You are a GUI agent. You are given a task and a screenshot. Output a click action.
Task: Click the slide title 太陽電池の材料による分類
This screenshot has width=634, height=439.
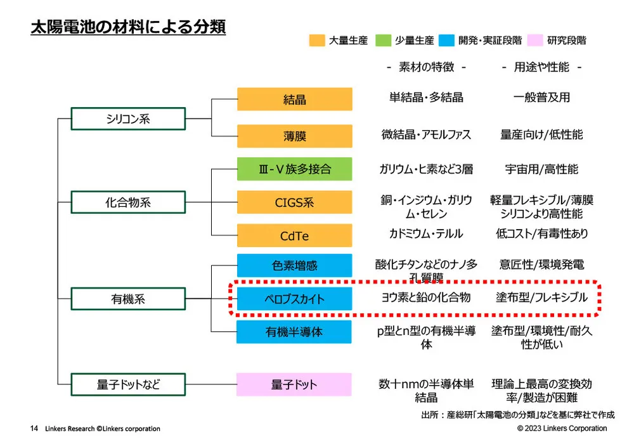click(128, 29)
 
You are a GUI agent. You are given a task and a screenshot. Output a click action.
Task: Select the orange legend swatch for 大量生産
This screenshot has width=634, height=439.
click(317, 40)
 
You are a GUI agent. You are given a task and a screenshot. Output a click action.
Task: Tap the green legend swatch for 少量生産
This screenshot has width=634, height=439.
click(384, 40)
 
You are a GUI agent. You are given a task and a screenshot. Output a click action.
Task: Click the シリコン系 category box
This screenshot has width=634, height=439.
click(127, 119)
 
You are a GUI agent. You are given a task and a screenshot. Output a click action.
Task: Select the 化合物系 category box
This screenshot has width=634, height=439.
click(127, 203)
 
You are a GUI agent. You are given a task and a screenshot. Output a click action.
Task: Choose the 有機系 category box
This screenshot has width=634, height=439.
click(127, 299)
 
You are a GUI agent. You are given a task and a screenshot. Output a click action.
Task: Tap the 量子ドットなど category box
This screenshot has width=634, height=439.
click(127, 384)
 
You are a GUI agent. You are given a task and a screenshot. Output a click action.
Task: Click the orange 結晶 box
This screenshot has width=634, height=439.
click(294, 100)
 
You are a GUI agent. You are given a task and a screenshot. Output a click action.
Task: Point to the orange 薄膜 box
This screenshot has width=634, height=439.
click(294, 136)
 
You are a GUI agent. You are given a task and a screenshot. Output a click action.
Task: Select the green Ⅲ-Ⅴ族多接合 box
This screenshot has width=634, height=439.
click(294, 169)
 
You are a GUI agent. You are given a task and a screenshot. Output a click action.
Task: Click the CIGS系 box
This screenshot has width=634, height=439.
click(294, 203)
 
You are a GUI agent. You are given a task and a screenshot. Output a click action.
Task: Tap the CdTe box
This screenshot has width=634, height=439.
click(294, 236)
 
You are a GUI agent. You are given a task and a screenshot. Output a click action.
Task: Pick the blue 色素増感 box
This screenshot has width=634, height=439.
click(294, 266)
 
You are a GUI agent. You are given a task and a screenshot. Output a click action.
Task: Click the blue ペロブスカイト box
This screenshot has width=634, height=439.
click(294, 299)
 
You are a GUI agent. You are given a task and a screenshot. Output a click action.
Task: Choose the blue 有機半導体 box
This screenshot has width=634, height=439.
click(294, 332)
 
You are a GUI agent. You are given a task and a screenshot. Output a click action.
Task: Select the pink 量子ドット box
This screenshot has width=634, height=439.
click(294, 384)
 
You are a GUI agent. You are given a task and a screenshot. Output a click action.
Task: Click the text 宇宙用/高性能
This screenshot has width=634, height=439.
click(541, 169)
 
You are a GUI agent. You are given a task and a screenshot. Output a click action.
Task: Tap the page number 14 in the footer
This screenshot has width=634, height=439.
click(34, 429)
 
